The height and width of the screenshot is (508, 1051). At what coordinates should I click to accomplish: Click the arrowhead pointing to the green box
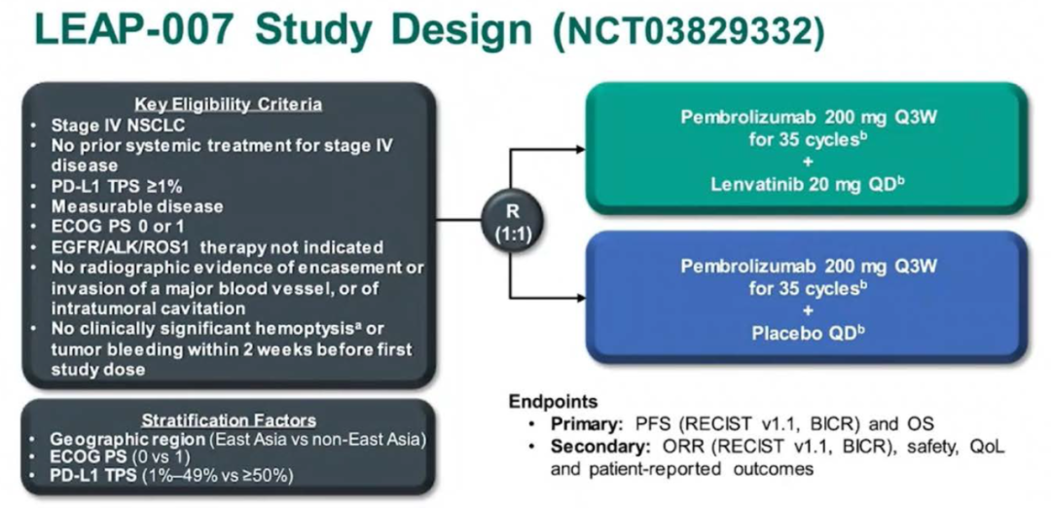[x=580, y=149]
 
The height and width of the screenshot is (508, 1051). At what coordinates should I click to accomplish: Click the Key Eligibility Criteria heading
[x=229, y=104]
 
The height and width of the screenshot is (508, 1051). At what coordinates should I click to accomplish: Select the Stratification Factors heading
[x=229, y=420]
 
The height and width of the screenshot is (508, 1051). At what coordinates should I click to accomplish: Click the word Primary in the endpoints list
[x=581, y=424]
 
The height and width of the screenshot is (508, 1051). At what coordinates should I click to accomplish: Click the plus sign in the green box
[x=807, y=163]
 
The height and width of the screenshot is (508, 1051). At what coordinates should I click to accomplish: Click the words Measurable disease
[x=138, y=205]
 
